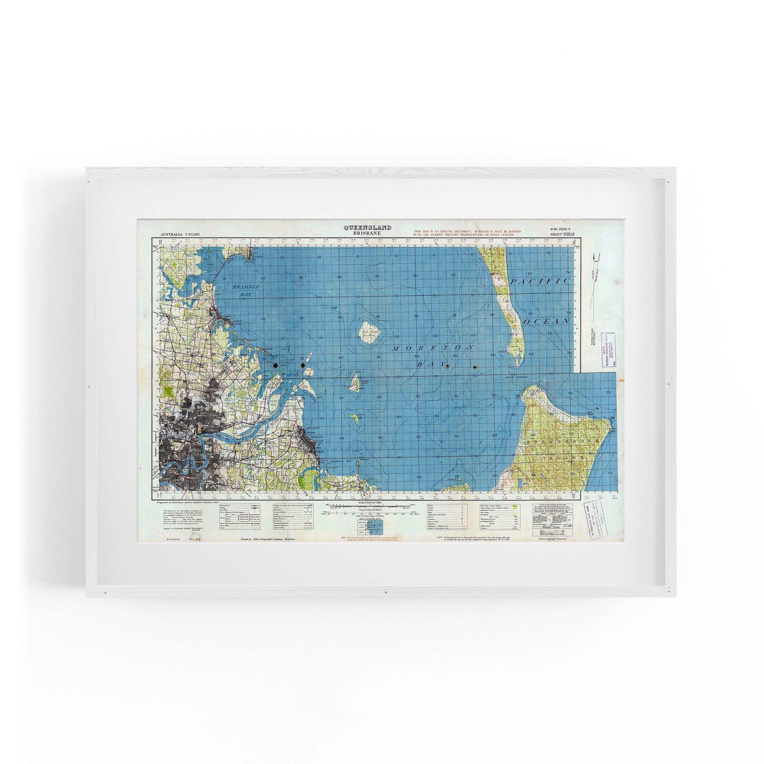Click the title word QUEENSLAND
(x=367, y=227)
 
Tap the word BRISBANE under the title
(x=367, y=233)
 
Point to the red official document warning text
(x=468, y=233)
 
